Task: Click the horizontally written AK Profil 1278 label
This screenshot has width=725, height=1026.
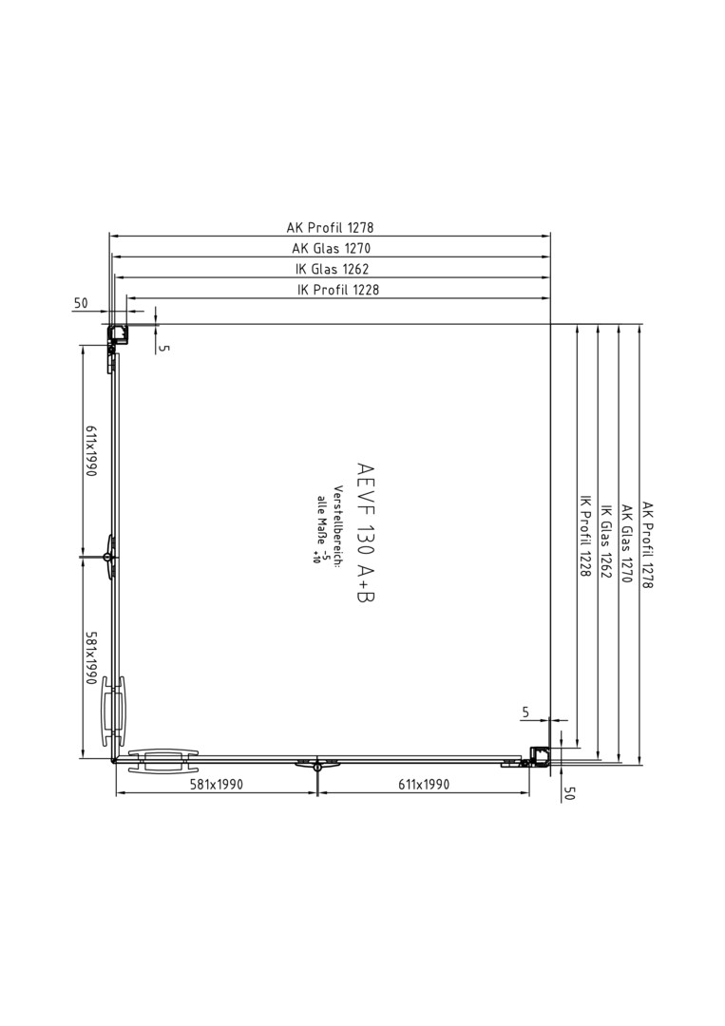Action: (330, 227)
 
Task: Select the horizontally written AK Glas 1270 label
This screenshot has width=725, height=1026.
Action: (331, 248)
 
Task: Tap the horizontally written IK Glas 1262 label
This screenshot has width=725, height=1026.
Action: (333, 268)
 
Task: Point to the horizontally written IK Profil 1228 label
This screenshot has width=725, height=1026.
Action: (337, 289)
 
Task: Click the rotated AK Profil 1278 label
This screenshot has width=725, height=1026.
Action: (647, 544)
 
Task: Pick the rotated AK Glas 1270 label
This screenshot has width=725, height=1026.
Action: (626, 543)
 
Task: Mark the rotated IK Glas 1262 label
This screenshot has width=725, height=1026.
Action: (606, 541)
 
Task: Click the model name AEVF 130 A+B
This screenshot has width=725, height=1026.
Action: (366, 533)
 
